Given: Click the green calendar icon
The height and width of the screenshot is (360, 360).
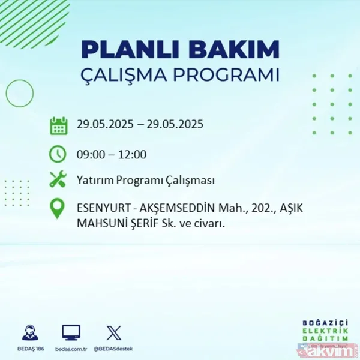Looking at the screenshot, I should (58, 125).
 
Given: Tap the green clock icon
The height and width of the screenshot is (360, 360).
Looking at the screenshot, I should (58, 154).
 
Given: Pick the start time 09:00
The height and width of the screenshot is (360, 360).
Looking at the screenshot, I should (91, 154).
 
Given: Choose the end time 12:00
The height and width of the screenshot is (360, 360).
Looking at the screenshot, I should (133, 154).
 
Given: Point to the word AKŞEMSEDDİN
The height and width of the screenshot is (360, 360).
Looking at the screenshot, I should (174, 209).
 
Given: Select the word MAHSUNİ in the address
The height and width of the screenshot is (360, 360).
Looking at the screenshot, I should (101, 223).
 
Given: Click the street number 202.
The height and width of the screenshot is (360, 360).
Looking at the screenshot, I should (248, 209).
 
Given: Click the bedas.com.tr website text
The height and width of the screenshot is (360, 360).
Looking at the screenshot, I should (71, 348).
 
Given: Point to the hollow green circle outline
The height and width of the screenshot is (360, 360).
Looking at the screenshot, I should (20, 93).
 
